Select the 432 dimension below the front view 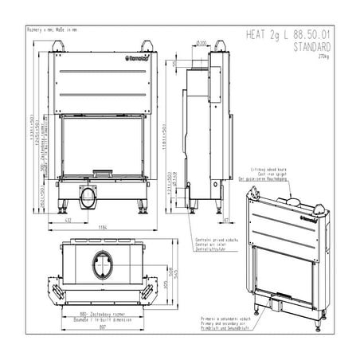[x=69, y=218]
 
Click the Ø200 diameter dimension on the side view [x=202, y=41]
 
